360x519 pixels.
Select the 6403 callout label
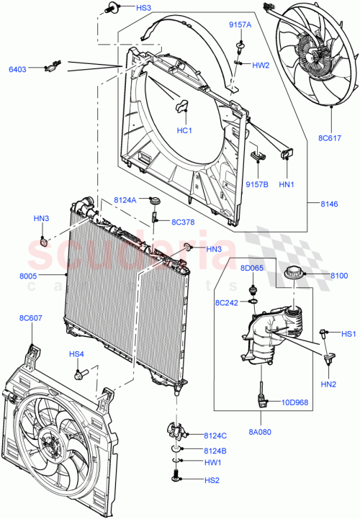pyautogui.click(x=18, y=69)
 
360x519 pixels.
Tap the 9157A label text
pyautogui.click(x=240, y=24)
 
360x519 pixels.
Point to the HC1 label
pyautogui.click(x=184, y=130)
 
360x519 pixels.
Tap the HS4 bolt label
pyautogui.click(x=76, y=353)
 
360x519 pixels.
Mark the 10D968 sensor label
pyautogui.click(x=296, y=402)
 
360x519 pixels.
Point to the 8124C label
pyautogui.click(x=215, y=435)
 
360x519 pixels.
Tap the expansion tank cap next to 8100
pyautogui.click(x=295, y=274)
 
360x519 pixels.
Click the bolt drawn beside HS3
pyautogui.click(x=110, y=9)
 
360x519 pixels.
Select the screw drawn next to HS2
pyautogui.click(x=177, y=477)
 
